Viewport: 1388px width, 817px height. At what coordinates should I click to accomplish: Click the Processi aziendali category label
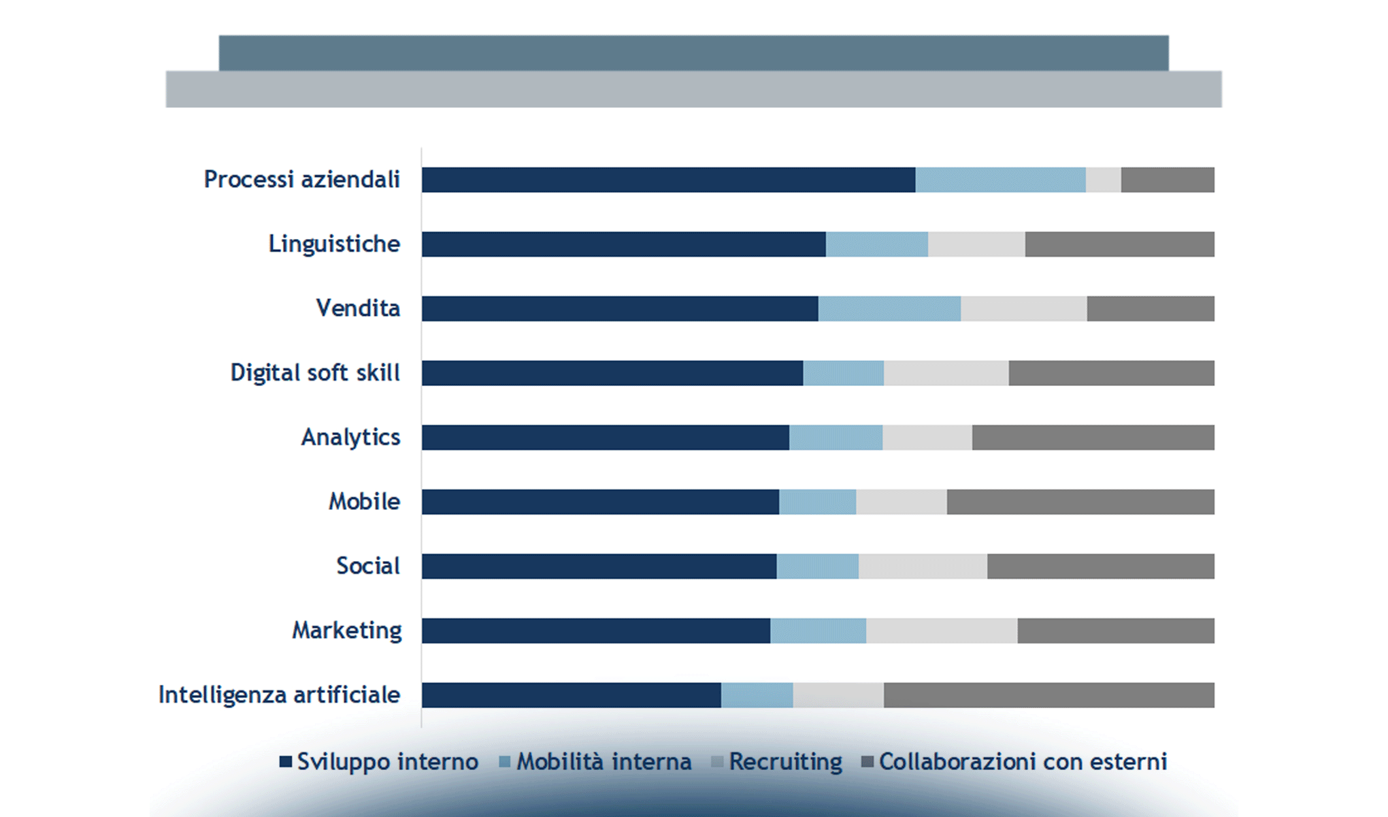point(301,180)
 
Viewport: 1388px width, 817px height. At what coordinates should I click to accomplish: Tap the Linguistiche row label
point(334,244)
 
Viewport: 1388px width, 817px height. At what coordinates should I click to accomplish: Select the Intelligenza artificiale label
point(279,695)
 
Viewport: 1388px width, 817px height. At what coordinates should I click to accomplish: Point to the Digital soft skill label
point(315,373)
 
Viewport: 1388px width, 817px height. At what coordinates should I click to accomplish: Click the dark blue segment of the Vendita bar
point(619,308)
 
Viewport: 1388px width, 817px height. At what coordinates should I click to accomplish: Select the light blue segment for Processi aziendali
point(1000,180)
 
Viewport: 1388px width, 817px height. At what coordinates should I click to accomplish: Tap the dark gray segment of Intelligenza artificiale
point(1048,695)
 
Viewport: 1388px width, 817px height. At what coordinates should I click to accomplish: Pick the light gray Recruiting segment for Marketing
point(942,630)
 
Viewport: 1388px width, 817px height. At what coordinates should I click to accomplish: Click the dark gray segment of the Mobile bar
point(1080,502)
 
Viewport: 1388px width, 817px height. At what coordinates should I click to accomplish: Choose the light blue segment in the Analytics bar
point(836,437)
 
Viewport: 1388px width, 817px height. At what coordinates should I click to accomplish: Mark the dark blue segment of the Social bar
point(599,566)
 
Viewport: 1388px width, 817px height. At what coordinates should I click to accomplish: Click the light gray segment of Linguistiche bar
point(976,244)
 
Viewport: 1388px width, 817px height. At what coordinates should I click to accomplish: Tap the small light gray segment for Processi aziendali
point(1103,180)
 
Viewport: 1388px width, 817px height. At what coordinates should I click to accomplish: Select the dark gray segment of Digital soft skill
point(1111,373)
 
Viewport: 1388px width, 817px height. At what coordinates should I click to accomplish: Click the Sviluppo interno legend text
point(387,762)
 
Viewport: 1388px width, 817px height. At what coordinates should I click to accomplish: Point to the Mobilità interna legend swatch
point(504,762)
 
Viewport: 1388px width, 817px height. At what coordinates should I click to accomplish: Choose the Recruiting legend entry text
point(785,762)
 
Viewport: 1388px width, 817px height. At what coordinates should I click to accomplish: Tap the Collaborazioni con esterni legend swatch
point(867,762)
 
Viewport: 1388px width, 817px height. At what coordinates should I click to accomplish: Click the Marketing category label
point(347,630)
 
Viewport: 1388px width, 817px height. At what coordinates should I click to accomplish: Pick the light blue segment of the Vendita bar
point(889,308)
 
